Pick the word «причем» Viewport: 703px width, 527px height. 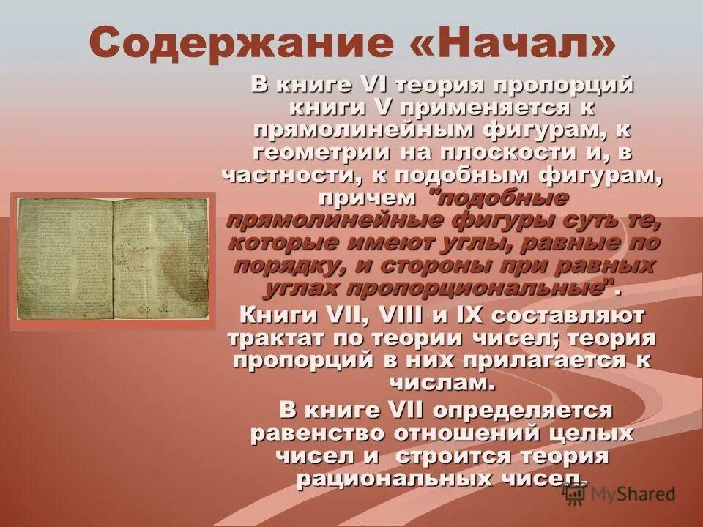click(366, 198)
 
